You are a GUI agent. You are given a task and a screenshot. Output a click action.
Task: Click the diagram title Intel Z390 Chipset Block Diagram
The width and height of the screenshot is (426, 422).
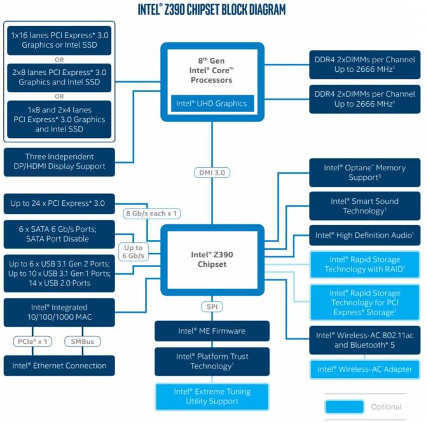coord(212,9)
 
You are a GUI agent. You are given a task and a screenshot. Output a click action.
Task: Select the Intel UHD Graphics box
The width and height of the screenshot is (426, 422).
coord(212,104)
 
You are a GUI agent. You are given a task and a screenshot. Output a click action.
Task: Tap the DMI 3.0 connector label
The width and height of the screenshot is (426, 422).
coord(212,172)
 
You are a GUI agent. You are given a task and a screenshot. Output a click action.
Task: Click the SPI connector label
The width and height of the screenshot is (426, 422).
coord(212,307)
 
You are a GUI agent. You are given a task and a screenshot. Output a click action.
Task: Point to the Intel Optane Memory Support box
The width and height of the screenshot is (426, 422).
coord(364,172)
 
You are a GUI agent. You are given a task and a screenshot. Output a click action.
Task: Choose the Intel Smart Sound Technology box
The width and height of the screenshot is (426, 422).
coord(364,206)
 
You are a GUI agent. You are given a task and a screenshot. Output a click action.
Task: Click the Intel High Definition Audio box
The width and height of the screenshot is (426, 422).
coord(364,235)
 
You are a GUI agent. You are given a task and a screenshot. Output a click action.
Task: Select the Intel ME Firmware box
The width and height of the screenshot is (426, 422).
coord(212,331)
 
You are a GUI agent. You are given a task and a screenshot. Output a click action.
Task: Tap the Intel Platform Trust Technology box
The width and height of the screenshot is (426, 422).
coord(212,361)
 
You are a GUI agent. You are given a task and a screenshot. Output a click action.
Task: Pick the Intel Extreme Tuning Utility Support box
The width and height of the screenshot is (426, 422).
coord(212,397)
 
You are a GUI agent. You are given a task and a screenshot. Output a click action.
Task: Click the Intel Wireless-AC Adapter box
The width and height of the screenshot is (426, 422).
coord(364,369)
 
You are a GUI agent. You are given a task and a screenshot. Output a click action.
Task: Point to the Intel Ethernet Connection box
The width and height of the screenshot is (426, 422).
coord(59,365)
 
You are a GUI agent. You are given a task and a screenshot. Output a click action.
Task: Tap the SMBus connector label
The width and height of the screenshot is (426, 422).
coord(82,342)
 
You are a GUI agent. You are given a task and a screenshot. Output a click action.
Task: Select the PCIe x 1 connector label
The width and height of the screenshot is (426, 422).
coord(32,342)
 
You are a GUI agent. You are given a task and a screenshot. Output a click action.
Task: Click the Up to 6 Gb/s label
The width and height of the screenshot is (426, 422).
coord(134,252)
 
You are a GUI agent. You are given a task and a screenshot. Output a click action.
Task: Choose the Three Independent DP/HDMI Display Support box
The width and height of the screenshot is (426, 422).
coord(59,161)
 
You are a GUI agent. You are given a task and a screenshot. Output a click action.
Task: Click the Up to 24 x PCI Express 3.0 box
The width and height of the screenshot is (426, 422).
coord(59,204)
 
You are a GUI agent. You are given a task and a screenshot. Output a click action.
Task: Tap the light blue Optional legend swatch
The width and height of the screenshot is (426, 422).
coord(343,407)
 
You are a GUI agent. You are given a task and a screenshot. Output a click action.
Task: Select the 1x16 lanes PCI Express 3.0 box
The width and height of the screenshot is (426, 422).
coord(59,40)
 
